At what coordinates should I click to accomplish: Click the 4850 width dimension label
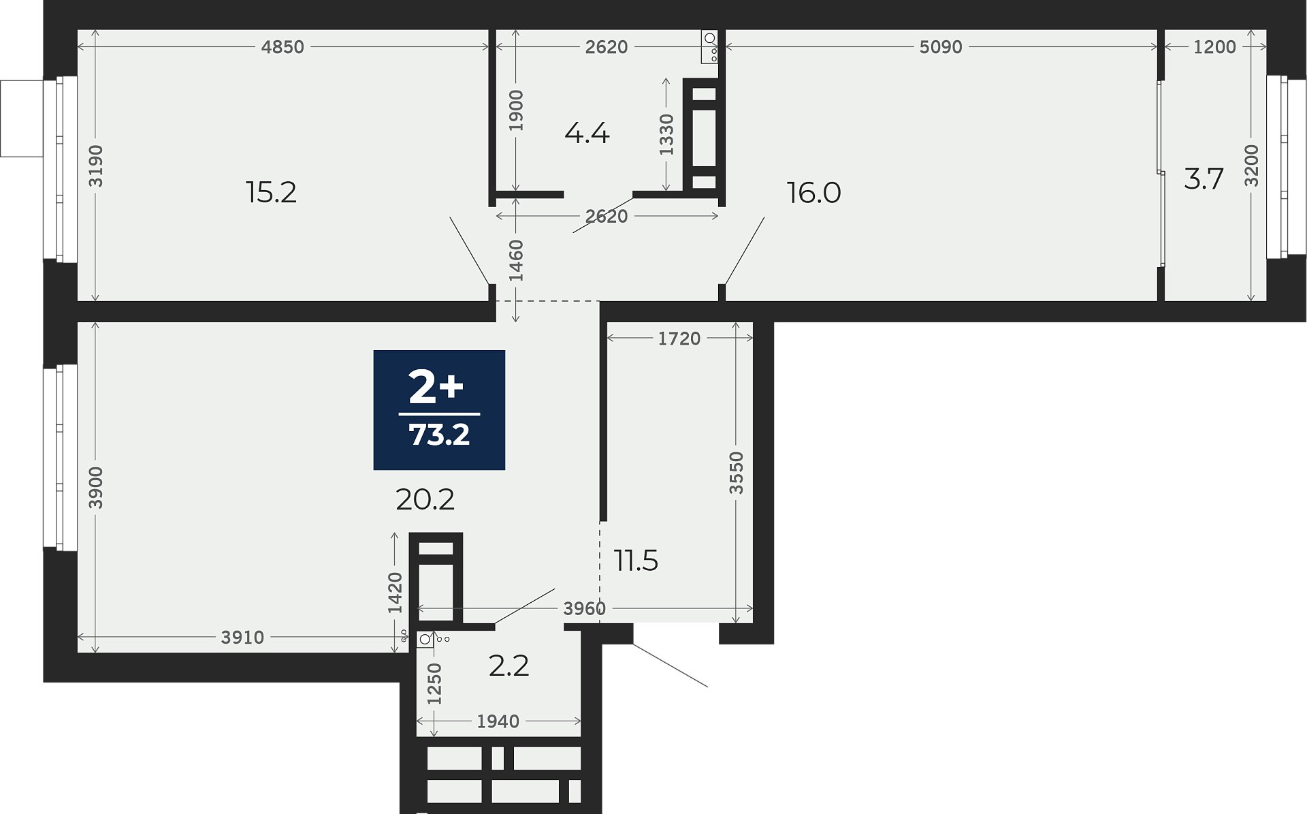[x=283, y=47]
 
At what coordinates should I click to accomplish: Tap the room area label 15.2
[x=271, y=193]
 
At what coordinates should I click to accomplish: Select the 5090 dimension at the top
[x=941, y=47]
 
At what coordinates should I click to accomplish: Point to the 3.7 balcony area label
[x=1204, y=180]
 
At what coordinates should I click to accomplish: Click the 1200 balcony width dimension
[x=1214, y=47]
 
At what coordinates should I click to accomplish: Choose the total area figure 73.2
[x=439, y=435]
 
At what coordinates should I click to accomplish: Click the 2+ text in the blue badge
[x=436, y=388]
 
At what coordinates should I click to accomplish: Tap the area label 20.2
[x=425, y=500]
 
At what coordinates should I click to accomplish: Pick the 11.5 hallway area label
[x=636, y=561]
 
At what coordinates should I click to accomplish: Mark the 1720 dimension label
[x=679, y=339]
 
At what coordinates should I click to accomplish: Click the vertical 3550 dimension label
[x=736, y=473]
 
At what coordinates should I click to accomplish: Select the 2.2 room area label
[x=509, y=666]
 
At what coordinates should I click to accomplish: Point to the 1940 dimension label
[x=498, y=721]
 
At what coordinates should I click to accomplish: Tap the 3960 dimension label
[x=584, y=609]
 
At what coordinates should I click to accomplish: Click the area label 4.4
[x=587, y=134]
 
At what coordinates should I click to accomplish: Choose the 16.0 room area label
[x=813, y=193]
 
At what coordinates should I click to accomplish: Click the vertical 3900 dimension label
[x=96, y=488]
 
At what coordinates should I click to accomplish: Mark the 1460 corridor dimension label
[x=516, y=261]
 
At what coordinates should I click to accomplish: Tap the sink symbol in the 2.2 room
[x=425, y=639]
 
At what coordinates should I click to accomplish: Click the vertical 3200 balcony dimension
[x=1251, y=166]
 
